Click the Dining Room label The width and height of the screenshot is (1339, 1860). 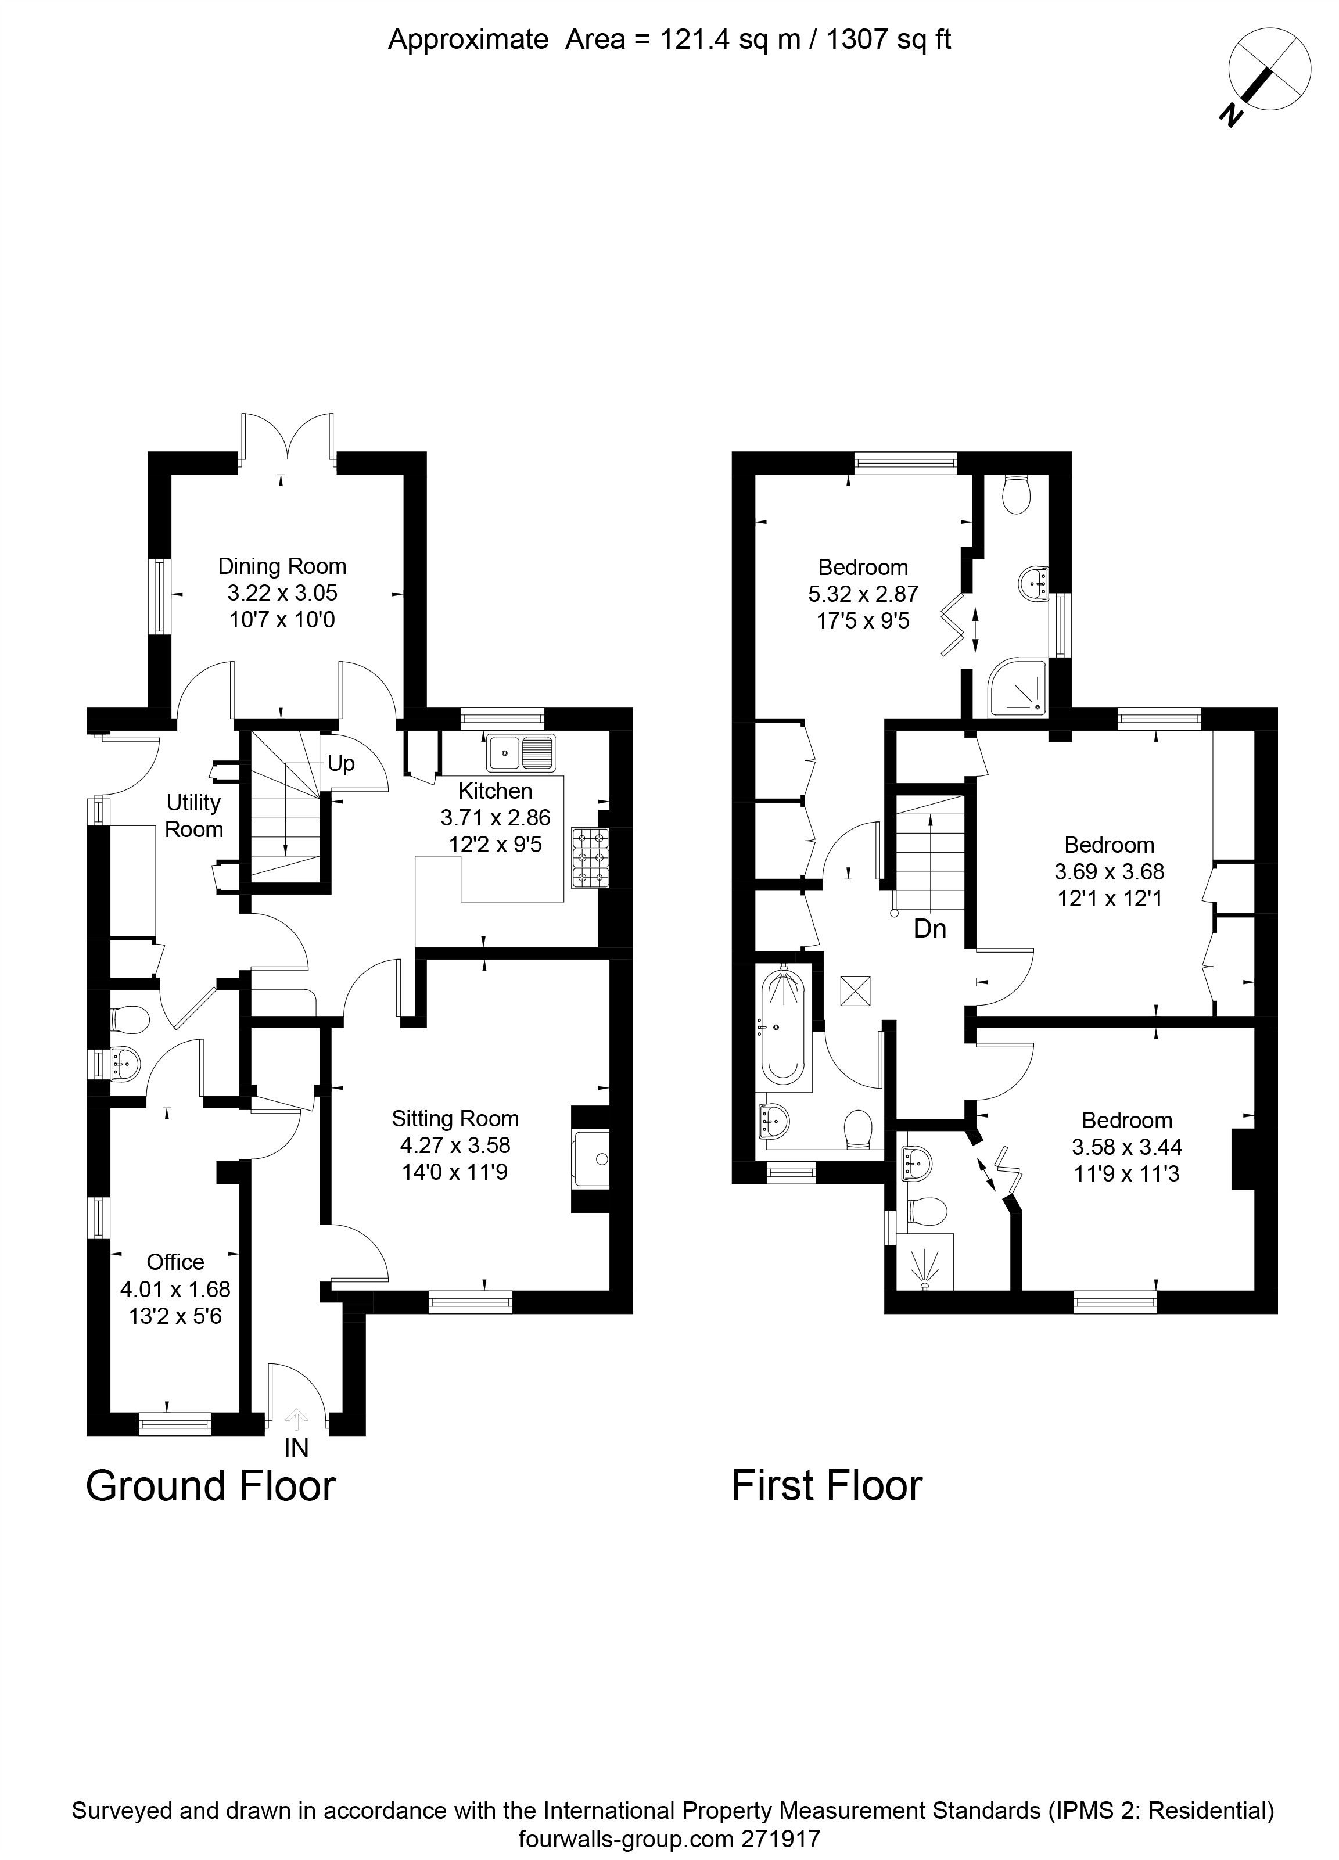point(282,567)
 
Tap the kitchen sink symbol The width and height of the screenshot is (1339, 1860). point(520,753)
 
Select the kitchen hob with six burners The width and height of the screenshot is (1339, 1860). point(590,858)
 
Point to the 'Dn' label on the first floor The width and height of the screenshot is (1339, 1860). point(930,928)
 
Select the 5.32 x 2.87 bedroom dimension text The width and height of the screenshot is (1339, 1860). point(863,594)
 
